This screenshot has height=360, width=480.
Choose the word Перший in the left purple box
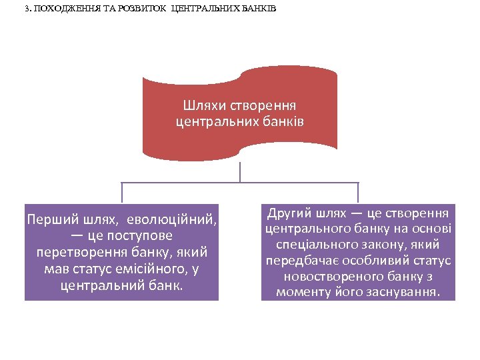pyautogui.click(x=50, y=219)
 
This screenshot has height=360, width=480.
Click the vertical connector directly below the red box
pyautogui.click(x=240, y=171)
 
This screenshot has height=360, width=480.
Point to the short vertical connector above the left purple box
pyautogui.click(x=122, y=193)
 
